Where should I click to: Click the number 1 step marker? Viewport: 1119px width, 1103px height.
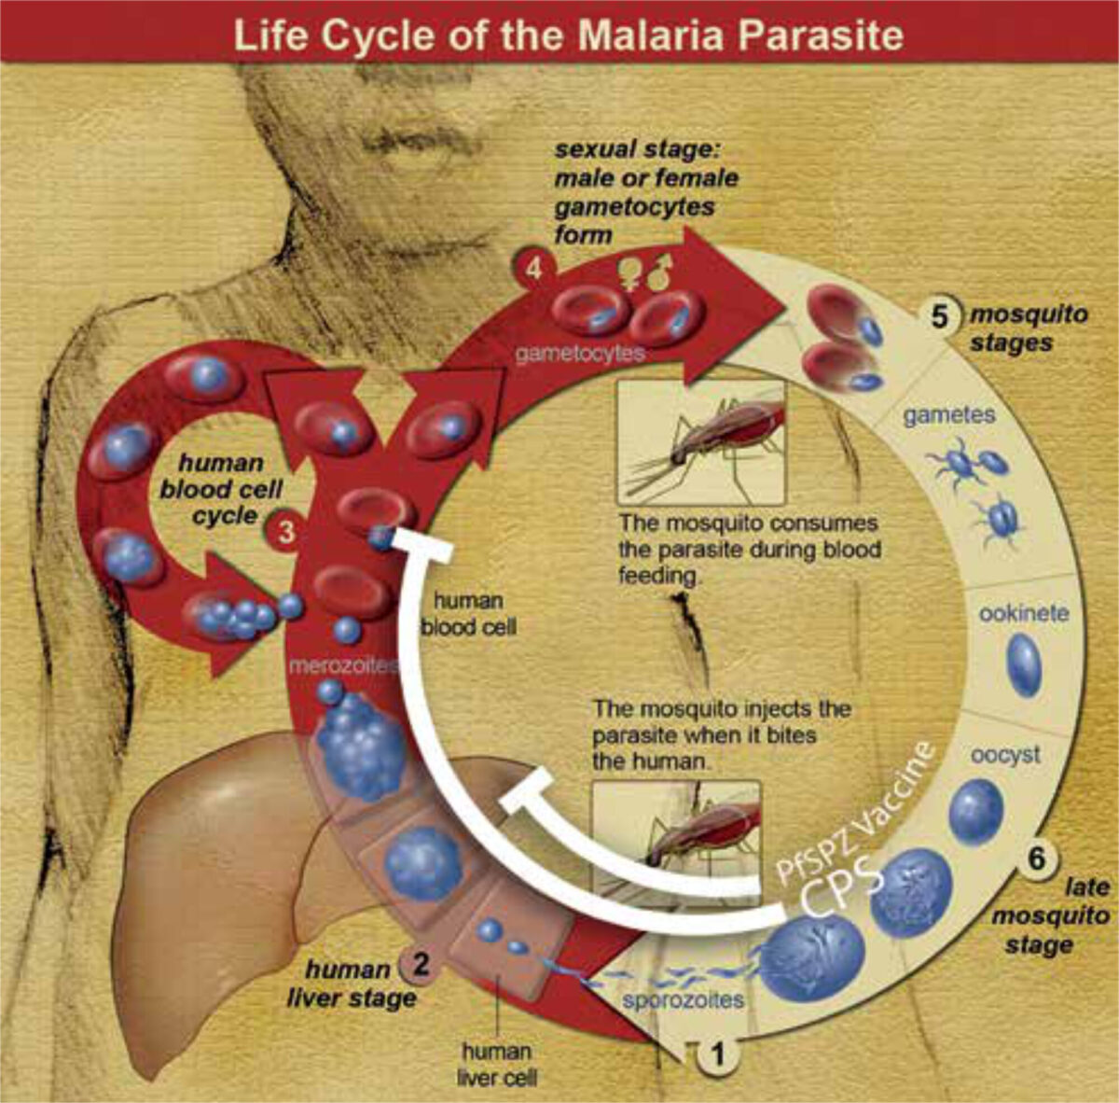[x=718, y=1053]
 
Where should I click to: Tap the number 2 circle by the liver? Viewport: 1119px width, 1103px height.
[x=420, y=964]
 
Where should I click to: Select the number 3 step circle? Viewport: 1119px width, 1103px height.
[x=286, y=532]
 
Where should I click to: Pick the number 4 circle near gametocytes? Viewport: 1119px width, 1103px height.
[x=533, y=269]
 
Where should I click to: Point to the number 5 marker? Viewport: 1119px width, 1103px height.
[x=938, y=316]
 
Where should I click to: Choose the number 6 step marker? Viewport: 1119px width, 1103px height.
[x=1037, y=858]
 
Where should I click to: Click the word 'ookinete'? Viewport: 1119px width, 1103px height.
[x=1024, y=614]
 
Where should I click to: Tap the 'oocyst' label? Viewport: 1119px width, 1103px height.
[x=1006, y=754]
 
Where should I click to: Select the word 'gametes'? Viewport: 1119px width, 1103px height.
[x=949, y=415]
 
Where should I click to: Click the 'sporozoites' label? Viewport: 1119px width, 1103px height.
[x=683, y=999]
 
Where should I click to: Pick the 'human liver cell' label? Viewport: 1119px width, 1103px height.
[x=497, y=1064]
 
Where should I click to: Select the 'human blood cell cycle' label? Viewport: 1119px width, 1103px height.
[x=221, y=489]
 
